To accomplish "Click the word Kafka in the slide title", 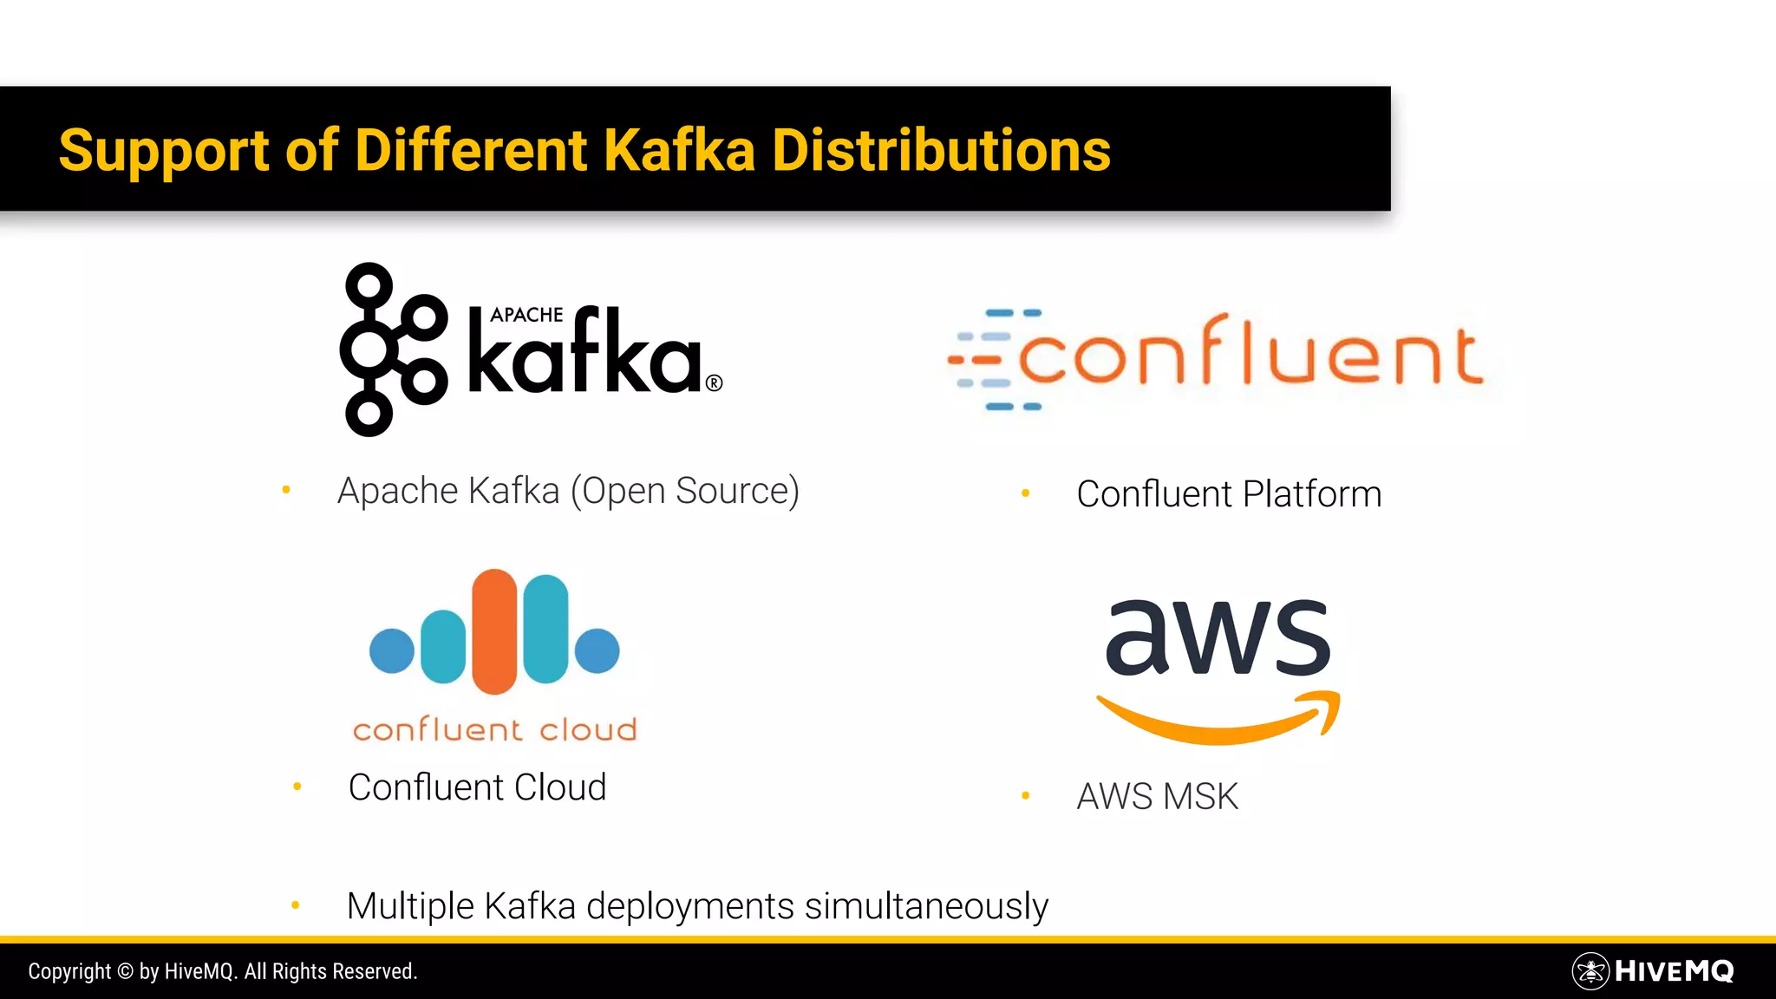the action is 679,150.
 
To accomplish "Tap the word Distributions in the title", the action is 941,150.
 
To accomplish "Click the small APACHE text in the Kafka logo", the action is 526,315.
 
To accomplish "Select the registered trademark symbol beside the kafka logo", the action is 714,382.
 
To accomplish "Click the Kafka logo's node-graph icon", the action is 392,349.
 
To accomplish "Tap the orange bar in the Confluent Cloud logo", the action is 494,630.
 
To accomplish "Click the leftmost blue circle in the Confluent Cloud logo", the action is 392,650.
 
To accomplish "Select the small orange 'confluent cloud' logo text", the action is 494,730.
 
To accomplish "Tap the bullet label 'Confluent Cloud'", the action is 477,787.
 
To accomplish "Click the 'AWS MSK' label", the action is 1157,796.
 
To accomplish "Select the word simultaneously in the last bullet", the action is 926,906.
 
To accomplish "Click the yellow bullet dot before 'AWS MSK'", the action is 1026,795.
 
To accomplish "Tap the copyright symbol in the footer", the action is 125,971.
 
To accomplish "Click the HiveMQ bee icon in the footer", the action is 1590,971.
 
